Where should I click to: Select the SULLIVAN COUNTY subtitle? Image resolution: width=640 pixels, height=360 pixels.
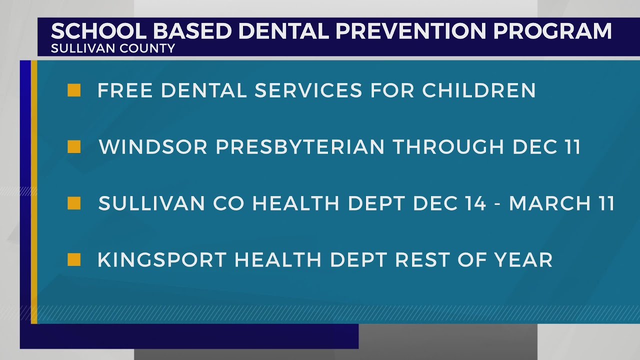point(113,48)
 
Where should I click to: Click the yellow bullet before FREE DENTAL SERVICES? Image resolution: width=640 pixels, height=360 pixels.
point(74,90)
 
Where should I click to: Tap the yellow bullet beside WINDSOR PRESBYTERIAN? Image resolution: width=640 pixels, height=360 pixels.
point(74,147)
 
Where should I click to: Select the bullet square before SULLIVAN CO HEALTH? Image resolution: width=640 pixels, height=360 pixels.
point(74,203)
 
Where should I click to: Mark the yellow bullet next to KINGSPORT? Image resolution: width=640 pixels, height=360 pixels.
point(74,260)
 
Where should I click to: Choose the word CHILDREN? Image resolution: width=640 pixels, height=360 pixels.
point(479,90)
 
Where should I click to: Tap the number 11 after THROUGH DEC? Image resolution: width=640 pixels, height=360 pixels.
point(570,147)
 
